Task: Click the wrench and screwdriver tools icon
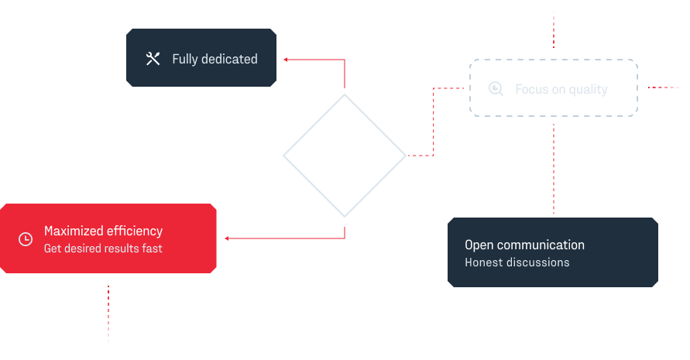click(x=153, y=59)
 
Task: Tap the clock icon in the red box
click(x=26, y=239)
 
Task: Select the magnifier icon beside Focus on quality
click(x=496, y=89)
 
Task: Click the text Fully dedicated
click(x=215, y=59)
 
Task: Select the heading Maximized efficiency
click(x=103, y=231)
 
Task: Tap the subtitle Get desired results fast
click(x=103, y=249)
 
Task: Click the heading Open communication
click(x=524, y=245)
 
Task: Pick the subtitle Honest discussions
click(x=517, y=262)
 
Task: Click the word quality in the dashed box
click(x=588, y=89)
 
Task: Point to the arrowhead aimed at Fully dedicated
click(x=286, y=59)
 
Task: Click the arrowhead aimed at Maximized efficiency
click(x=227, y=238)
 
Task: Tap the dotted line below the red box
click(x=108, y=314)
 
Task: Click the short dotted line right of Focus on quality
click(x=664, y=87)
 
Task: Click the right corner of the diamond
click(x=403, y=156)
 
